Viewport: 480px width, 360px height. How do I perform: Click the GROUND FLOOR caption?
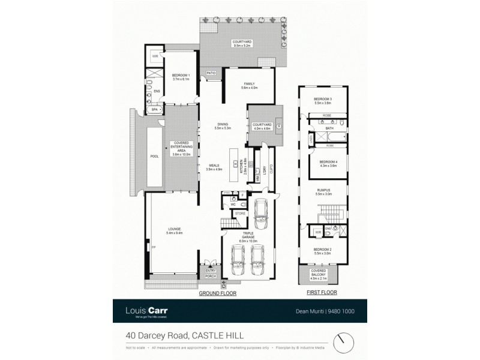pos(217,293)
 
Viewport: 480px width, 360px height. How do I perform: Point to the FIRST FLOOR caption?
pos(322,293)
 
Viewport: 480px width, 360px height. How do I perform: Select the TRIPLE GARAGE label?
pos(248,235)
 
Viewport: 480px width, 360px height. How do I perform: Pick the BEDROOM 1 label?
pos(181,77)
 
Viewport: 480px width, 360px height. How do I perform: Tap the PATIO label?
pos(211,73)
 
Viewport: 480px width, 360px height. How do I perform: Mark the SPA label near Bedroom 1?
pos(154,110)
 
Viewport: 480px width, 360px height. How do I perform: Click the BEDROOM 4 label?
pos(328,163)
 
